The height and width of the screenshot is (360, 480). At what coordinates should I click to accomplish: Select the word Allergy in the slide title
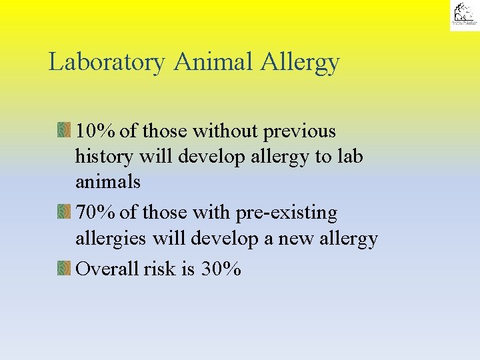pos(301,62)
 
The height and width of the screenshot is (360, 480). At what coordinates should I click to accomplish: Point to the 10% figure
pos(96,131)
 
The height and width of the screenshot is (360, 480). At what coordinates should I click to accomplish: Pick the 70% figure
pos(96,213)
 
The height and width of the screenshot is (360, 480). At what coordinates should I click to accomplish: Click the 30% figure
pos(221,269)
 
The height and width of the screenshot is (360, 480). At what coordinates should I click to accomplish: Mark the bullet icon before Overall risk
pos(64,269)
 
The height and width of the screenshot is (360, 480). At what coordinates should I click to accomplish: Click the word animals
pos(108,181)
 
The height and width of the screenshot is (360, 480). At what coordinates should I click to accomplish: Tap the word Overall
pos(107,269)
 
